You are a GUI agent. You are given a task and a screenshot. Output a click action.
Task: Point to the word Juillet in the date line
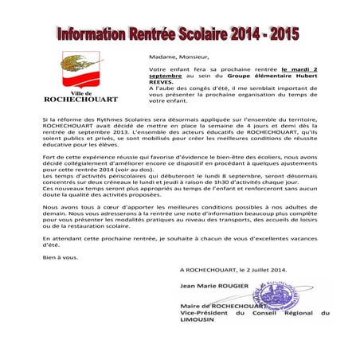click(271, 271)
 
